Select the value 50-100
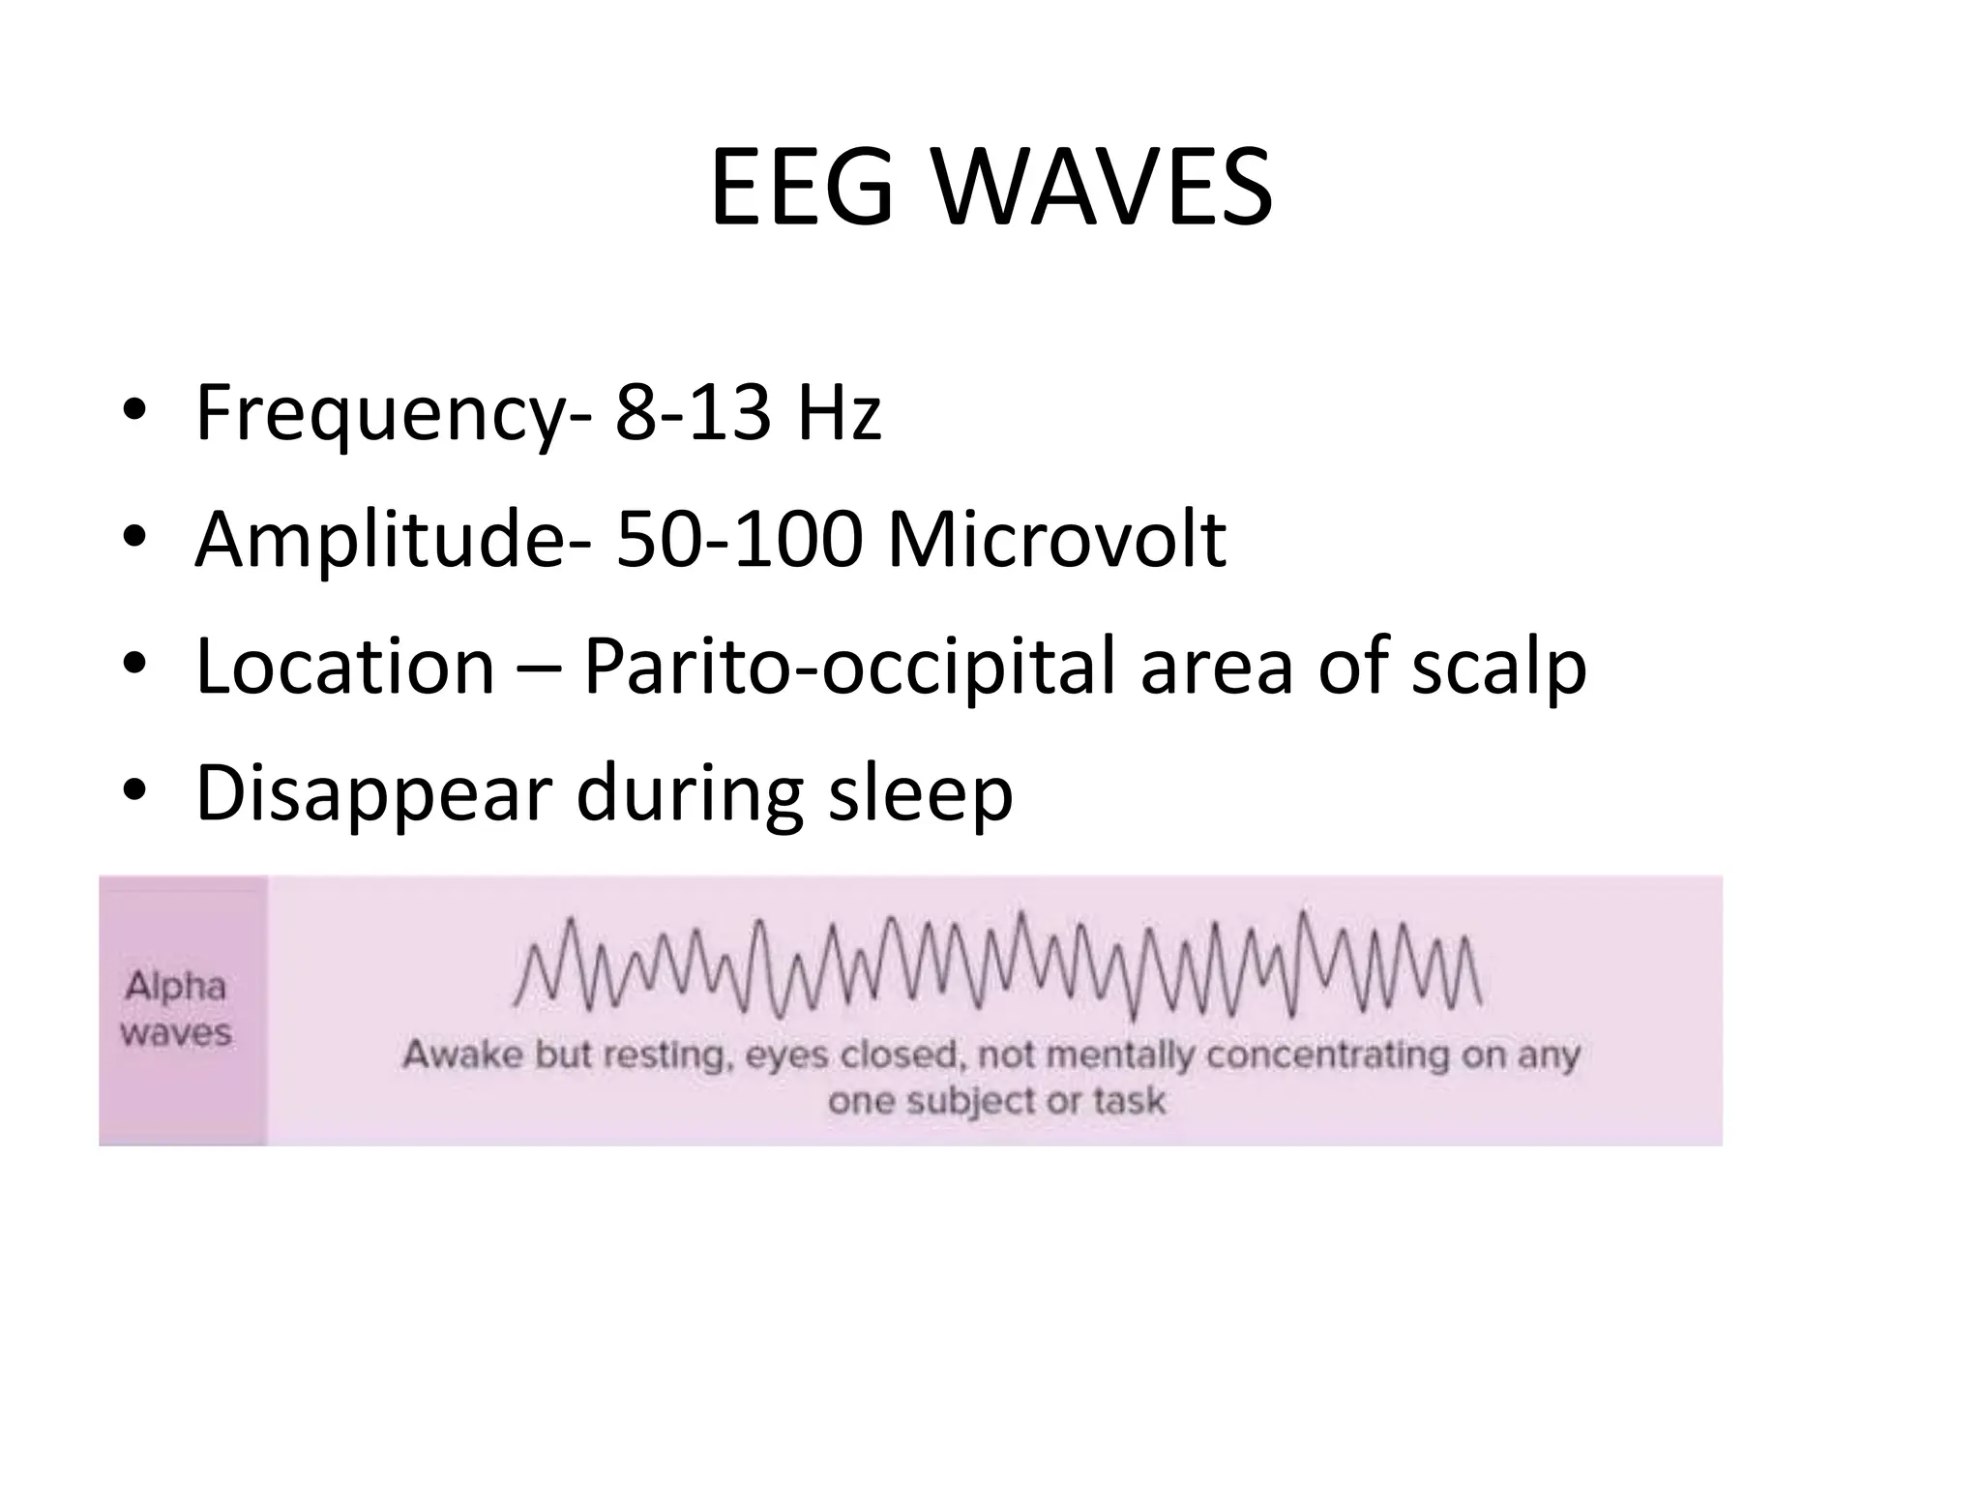(739, 539)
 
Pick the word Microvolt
(1057, 539)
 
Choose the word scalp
(1498, 668)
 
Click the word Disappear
(373, 794)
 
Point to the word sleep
(920, 794)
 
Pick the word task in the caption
(1129, 1101)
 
